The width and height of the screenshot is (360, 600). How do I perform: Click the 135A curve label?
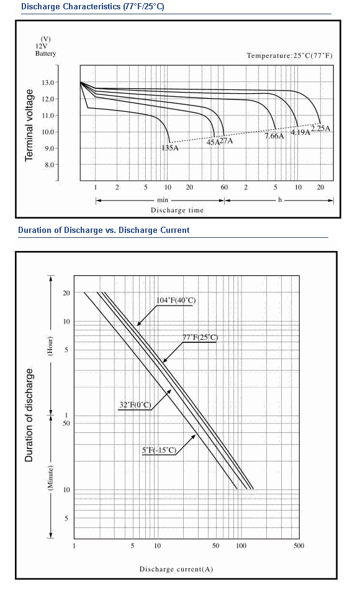pos(170,148)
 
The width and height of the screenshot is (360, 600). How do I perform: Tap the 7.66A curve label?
pos(275,136)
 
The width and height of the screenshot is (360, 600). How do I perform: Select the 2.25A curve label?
pos(321,128)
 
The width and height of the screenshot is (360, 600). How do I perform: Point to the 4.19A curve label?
pos(300,132)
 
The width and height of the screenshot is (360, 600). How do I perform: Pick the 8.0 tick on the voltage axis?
pos(50,165)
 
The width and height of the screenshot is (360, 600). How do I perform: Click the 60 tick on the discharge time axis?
pos(224,187)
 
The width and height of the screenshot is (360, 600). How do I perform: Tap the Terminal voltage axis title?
pos(29,125)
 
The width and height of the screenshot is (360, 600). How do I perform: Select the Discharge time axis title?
pos(177,210)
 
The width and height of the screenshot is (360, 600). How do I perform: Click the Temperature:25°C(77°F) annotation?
pos(290,55)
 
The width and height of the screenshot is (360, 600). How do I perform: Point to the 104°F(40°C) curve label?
pos(176,301)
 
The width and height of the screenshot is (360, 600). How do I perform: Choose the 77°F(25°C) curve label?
pos(200,337)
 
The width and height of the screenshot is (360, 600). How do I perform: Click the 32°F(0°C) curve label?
pos(135,405)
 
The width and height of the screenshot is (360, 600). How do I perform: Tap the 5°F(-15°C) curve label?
pos(159,450)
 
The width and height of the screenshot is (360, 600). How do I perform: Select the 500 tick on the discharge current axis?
pos(299,546)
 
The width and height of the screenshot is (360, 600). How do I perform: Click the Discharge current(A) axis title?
pos(176,569)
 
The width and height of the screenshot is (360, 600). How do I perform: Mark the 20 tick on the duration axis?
pos(66,293)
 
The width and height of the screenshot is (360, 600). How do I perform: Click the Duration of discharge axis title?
pos(29,415)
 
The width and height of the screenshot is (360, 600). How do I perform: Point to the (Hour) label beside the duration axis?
pos(50,347)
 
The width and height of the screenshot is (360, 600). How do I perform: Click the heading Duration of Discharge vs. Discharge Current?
pos(104,230)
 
